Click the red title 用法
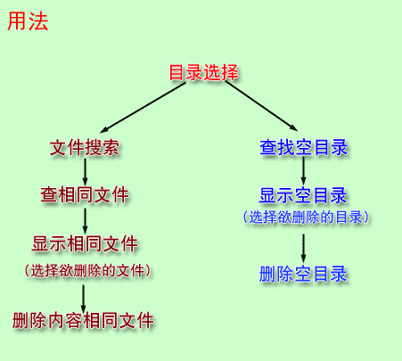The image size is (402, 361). click(28, 21)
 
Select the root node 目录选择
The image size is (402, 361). click(203, 72)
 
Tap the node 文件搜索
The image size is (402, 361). click(85, 147)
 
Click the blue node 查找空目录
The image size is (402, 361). click(303, 147)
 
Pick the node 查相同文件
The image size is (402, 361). click(85, 195)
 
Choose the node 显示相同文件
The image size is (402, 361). click(85, 243)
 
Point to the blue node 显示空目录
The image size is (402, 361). click(303, 195)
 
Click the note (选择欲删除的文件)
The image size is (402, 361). click(87, 271)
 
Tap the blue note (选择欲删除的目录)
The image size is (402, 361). click(306, 217)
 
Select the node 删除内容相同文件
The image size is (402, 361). click(83, 320)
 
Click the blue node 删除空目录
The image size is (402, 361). click(303, 274)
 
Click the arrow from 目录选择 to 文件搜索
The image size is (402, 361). click(143, 107)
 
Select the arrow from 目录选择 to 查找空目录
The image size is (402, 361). click(261, 105)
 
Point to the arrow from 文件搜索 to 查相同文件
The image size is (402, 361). click(86, 172)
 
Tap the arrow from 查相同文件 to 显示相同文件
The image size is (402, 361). click(86, 221)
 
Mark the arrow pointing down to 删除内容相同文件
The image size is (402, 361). click(84, 299)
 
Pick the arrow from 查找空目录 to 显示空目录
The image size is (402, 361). click(303, 171)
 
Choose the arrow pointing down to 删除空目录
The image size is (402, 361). click(303, 249)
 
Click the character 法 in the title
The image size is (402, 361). click(38, 21)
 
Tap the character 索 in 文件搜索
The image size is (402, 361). click(111, 147)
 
